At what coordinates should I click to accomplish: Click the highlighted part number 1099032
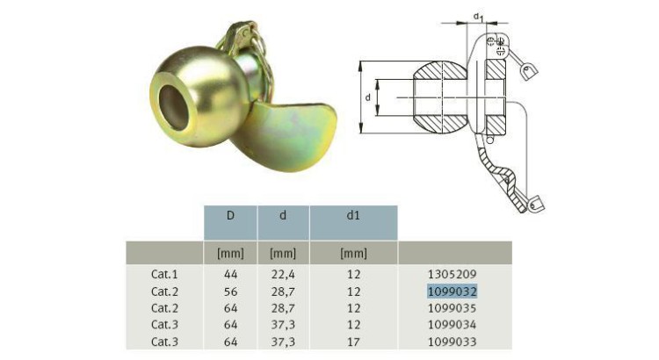pos(452,292)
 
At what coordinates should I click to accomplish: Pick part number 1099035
pos(452,307)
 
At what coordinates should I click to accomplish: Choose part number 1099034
pos(452,323)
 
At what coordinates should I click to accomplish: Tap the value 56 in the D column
pos(230,292)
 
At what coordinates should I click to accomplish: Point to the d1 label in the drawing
pos(478,16)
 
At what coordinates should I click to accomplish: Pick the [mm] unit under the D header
pos(230,255)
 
